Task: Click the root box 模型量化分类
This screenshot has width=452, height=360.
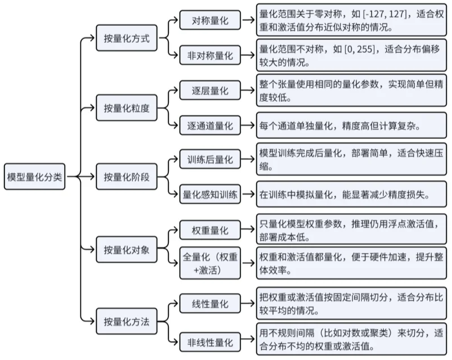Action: coord(35,177)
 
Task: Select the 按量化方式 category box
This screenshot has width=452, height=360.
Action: coord(126,38)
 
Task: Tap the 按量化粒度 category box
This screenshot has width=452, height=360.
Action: coord(126,107)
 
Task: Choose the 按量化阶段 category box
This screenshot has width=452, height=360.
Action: coord(126,177)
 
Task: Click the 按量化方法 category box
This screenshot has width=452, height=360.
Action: coord(126,322)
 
